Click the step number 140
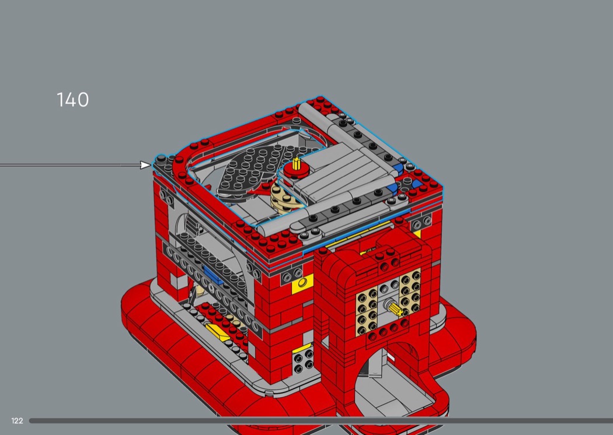(73, 100)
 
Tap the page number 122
(17, 420)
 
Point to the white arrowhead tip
(151, 165)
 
